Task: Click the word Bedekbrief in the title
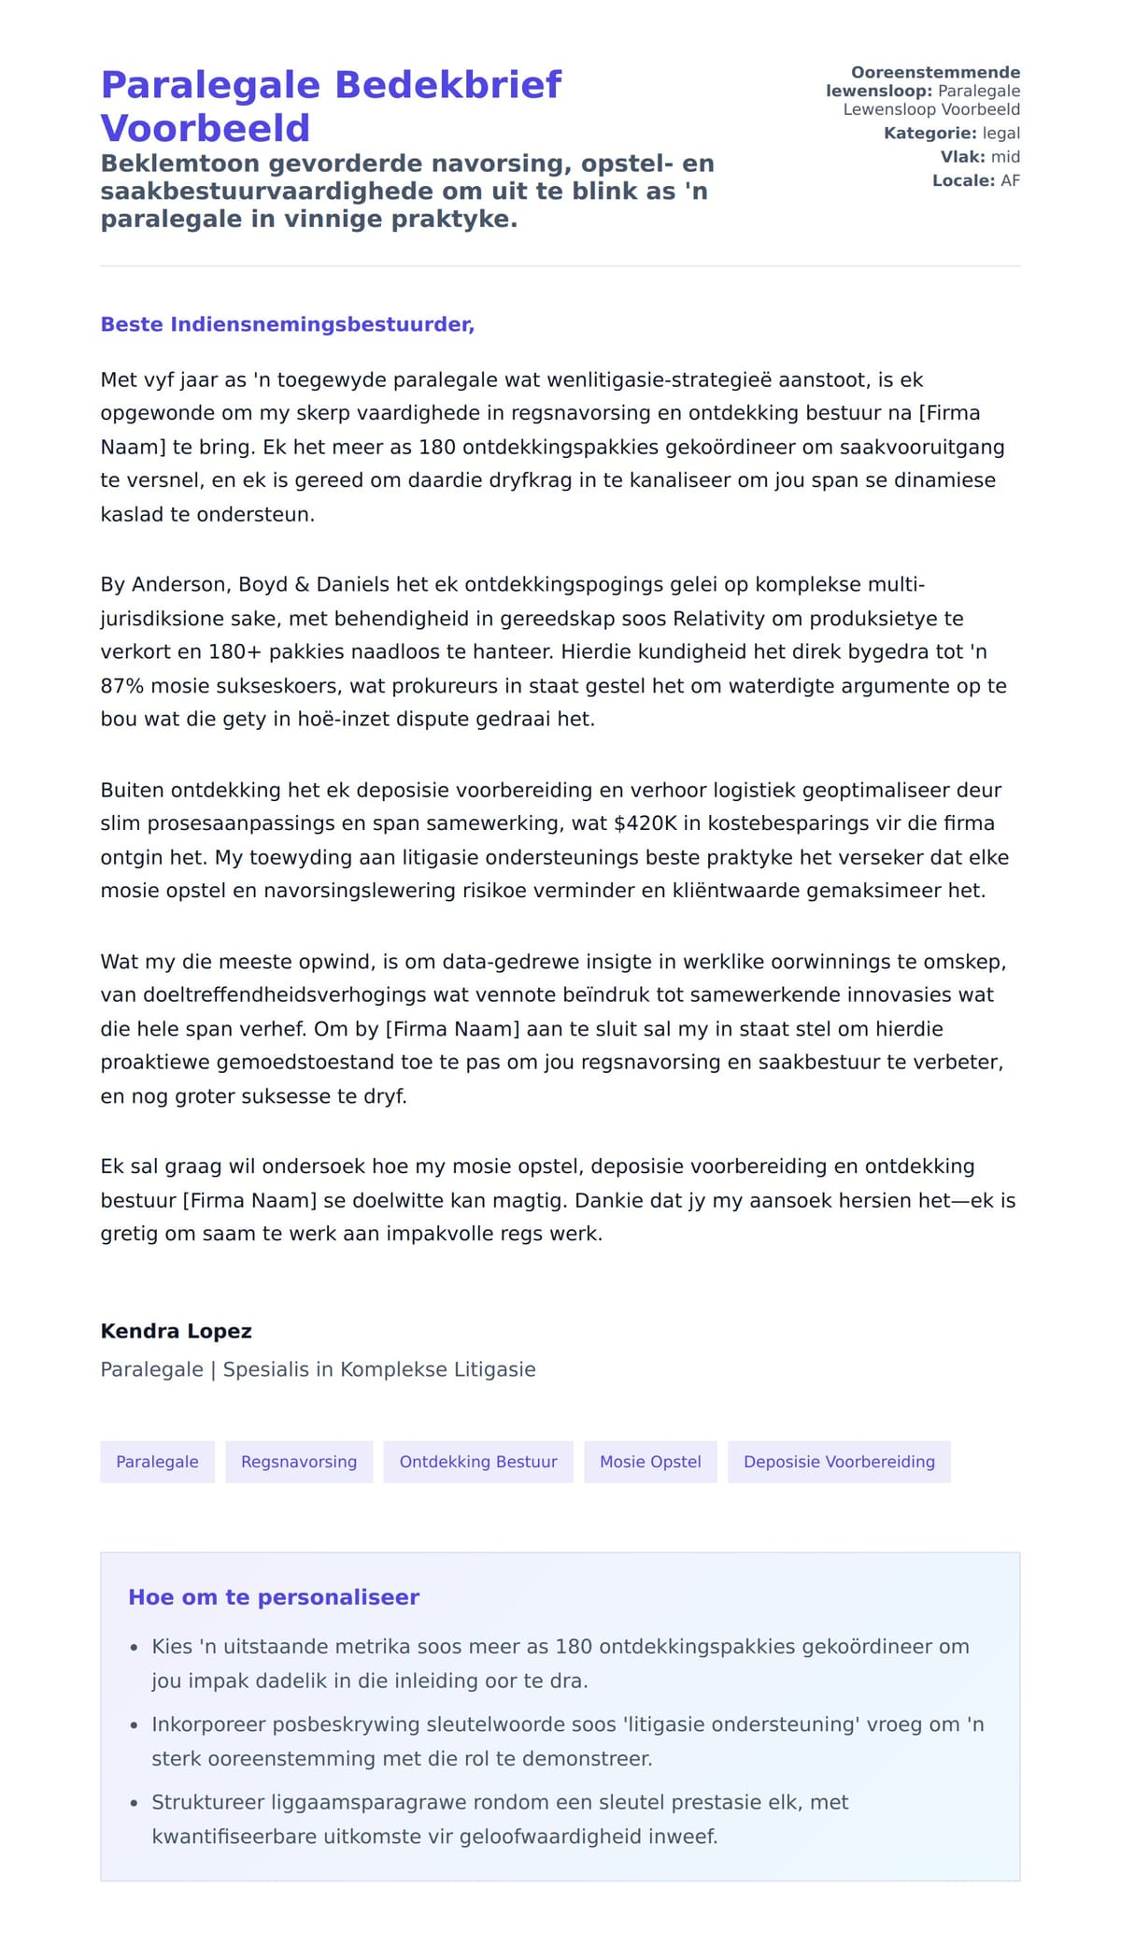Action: click(x=447, y=85)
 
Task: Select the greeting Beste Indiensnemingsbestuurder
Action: click(x=287, y=324)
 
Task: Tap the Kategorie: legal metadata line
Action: click(x=951, y=134)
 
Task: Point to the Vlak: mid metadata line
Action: click(x=980, y=157)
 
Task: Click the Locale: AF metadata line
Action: click(x=975, y=180)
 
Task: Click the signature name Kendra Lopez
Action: click(x=176, y=1331)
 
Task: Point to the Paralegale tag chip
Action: click(x=157, y=1462)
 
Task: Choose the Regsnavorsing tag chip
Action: click(x=299, y=1462)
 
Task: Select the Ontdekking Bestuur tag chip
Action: click(x=478, y=1462)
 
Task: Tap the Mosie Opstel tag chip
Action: click(x=650, y=1462)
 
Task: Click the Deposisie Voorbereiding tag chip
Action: click(x=839, y=1462)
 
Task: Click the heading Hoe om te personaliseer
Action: click(x=274, y=1597)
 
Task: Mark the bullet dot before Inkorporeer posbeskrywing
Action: click(x=135, y=1725)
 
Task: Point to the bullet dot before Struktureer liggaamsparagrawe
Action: click(x=135, y=1803)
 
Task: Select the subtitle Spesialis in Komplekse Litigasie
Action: click(x=379, y=1369)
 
